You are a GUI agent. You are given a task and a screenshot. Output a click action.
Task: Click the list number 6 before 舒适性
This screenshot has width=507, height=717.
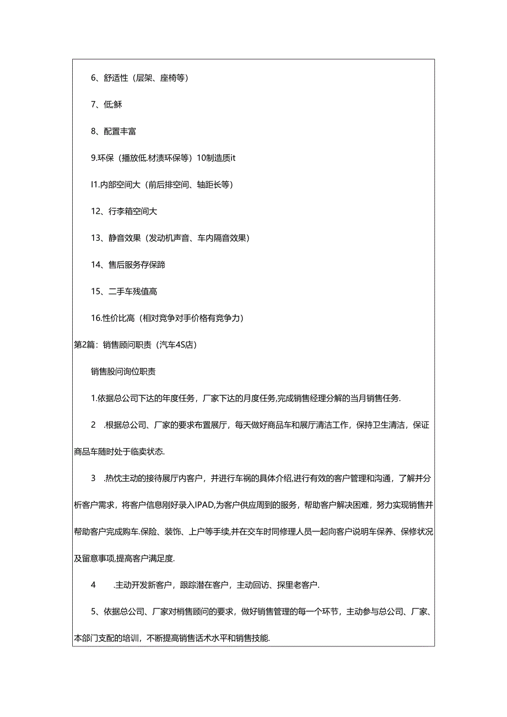coord(94,78)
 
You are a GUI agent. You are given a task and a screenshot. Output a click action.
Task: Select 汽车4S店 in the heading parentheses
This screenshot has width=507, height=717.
coord(176,345)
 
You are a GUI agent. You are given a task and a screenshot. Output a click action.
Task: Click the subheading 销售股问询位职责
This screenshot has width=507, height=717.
coord(123,371)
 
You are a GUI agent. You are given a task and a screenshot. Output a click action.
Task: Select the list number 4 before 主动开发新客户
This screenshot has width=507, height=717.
coord(94,585)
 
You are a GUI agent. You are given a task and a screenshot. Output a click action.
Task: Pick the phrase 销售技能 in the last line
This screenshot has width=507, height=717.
coord(252,638)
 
